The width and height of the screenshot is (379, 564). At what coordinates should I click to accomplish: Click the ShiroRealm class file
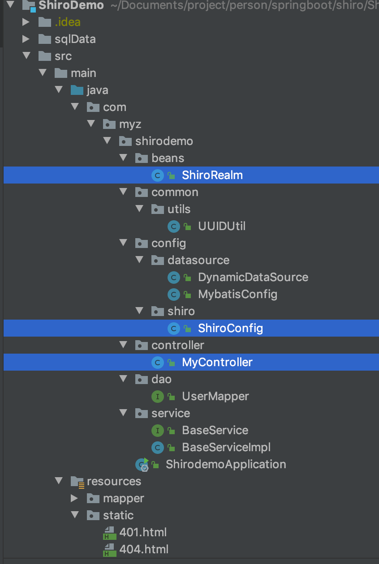pyautogui.click(x=212, y=175)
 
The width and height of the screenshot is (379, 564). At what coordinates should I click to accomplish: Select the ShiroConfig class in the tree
pyautogui.click(x=230, y=329)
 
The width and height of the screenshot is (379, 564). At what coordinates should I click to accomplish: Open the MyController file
pyautogui.click(x=217, y=363)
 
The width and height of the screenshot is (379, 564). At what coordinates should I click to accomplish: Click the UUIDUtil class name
pyautogui.click(x=222, y=226)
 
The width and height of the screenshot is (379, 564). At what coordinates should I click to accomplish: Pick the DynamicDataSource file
pyautogui.click(x=253, y=277)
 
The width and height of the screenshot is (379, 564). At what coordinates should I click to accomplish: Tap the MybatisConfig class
pyautogui.click(x=237, y=295)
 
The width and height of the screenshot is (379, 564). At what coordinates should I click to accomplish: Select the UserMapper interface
pyautogui.click(x=215, y=396)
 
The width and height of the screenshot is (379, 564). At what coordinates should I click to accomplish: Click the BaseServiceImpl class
pyautogui.click(x=226, y=448)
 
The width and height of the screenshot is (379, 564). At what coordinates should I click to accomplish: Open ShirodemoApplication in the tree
pyautogui.click(x=226, y=464)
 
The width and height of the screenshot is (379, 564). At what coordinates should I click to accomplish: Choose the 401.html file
pyautogui.click(x=143, y=532)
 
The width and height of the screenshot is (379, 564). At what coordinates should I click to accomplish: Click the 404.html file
pyautogui.click(x=144, y=549)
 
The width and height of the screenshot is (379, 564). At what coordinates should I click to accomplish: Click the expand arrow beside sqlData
pyautogui.click(x=26, y=39)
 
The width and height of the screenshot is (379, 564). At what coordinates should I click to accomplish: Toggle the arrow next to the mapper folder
pyautogui.click(x=74, y=498)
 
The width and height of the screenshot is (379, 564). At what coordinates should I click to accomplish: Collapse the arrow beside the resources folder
pyautogui.click(x=58, y=481)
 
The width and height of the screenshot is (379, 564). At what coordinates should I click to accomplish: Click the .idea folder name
pyautogui.click(x=68, y=22)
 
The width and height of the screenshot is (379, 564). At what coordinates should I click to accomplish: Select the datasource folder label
pyautogui.click(x=198, y=260)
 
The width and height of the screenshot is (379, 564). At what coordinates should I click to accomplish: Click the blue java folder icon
pyautogui.click(x=77, y=90)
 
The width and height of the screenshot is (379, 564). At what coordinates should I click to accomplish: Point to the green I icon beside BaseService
pyautogui.click(x=158, y=431)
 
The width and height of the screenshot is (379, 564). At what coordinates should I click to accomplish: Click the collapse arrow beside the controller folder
pyautogui.click(x=123, y=345)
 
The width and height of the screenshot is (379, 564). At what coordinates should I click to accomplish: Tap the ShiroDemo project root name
pyautogui.click(x=71, y=5)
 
